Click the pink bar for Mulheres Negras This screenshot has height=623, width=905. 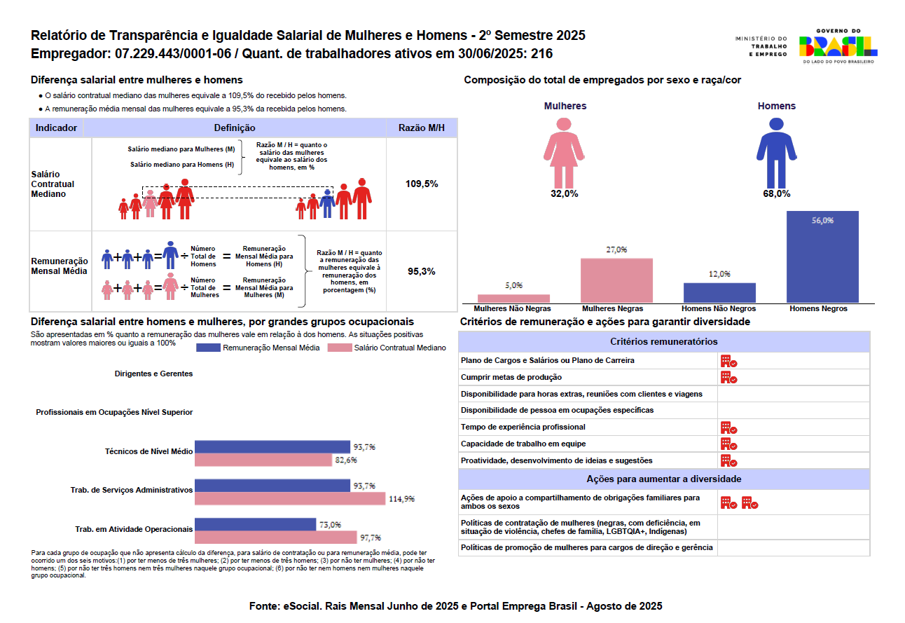coord(616,280)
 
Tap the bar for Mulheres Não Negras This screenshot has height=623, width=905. coord(513,299)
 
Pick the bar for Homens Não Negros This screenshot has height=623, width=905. coord(719,292)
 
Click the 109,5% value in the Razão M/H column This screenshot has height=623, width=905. coord(422,184)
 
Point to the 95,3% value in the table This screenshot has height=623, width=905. coord(422,271)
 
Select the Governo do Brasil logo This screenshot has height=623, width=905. coord(838,46)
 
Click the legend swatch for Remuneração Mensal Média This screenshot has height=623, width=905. coord(208,348)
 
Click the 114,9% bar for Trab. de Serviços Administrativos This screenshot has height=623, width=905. coord(290,498)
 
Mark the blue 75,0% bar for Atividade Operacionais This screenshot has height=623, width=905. coord(255,524)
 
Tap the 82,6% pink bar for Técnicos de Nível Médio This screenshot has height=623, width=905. coord(263,460)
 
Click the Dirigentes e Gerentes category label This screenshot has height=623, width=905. coord(153,374)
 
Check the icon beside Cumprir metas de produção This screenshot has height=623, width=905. coord(728,378)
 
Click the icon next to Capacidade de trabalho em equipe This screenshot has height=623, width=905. coord(728,444)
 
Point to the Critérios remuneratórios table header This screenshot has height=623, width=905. coord(664,342)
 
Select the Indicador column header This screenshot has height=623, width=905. coord(56,128)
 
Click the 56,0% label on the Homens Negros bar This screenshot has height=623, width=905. coord(822,220)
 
